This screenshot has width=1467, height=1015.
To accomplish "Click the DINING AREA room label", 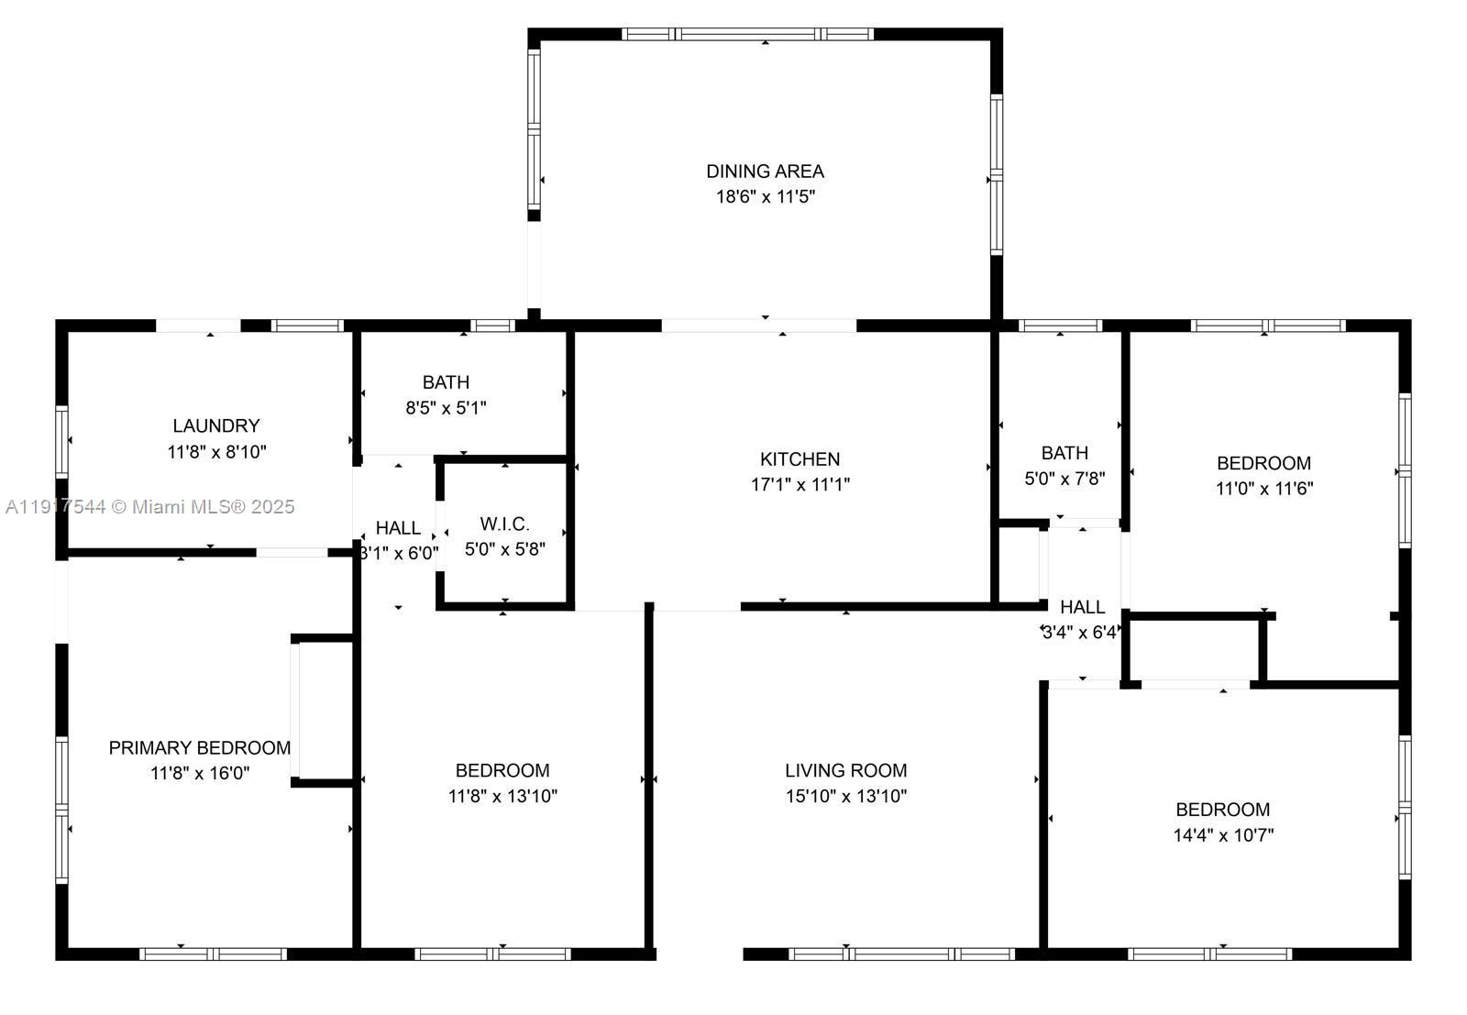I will point(765,171).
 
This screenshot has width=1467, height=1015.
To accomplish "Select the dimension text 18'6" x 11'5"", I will point(765,196).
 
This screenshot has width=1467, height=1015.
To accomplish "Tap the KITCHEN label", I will point(800,458).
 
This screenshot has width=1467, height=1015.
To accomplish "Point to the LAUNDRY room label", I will point(215,425).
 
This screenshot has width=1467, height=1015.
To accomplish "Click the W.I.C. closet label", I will point(504,524).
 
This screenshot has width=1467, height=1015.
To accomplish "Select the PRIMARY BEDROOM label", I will point(199,747).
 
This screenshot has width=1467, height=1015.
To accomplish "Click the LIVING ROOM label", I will point(845,770).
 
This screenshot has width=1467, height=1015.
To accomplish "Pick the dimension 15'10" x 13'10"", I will point(845,796).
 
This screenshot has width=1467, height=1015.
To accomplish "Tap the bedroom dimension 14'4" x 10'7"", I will point(1222,834).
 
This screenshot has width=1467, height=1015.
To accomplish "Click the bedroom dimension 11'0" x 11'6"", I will point(1263,489).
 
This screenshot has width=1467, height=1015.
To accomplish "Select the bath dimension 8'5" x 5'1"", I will point(446,407).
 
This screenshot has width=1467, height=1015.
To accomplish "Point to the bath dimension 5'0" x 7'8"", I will point(1064,478).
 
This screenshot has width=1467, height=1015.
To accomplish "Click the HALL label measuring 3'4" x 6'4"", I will point(1082,607).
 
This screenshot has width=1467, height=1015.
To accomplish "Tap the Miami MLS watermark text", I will point(149,506).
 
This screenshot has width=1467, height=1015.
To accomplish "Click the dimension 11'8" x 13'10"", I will point(502,796).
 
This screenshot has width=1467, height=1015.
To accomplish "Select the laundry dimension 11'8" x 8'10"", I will point(216,451).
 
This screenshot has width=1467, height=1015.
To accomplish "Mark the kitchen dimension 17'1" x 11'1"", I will point(800,484).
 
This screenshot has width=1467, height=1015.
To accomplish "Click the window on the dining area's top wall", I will point(747,35).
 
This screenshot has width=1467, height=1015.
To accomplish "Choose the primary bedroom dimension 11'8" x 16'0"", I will point(199,773).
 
